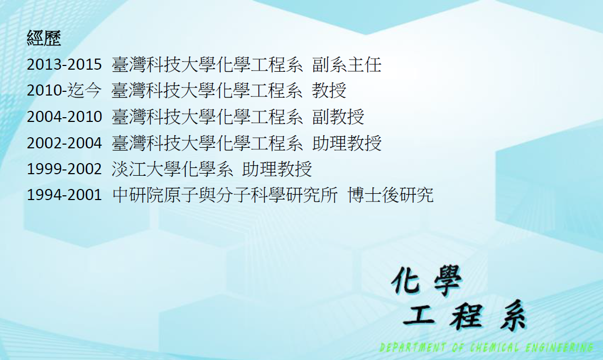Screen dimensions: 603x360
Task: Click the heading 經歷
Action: (44, 38)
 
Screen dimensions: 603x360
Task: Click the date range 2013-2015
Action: (64, 64)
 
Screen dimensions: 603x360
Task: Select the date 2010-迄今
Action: (64, 90)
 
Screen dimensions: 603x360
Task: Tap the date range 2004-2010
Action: (64, 117)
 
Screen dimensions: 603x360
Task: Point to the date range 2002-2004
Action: (64, 143)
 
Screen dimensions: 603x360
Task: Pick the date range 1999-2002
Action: (64, 169)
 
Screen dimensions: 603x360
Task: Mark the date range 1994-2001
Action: (64, 195)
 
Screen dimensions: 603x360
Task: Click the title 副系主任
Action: (347, 64)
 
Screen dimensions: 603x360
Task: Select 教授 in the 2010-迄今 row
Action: (329, 90)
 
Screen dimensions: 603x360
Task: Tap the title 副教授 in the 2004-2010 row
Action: (338, 117)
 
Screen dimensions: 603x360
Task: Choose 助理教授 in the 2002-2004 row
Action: (347, 143)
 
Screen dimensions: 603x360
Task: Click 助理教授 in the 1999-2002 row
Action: (277, 169)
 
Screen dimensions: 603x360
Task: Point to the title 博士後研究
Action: (391, 195)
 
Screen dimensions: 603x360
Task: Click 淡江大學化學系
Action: (173, 169)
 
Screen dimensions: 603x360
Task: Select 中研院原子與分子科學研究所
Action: (225, 195)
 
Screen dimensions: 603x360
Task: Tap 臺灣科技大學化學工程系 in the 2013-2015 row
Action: (208, 64)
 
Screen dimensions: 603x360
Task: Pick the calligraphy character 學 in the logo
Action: (448, 281)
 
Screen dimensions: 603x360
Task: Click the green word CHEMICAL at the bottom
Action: (494, 348)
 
